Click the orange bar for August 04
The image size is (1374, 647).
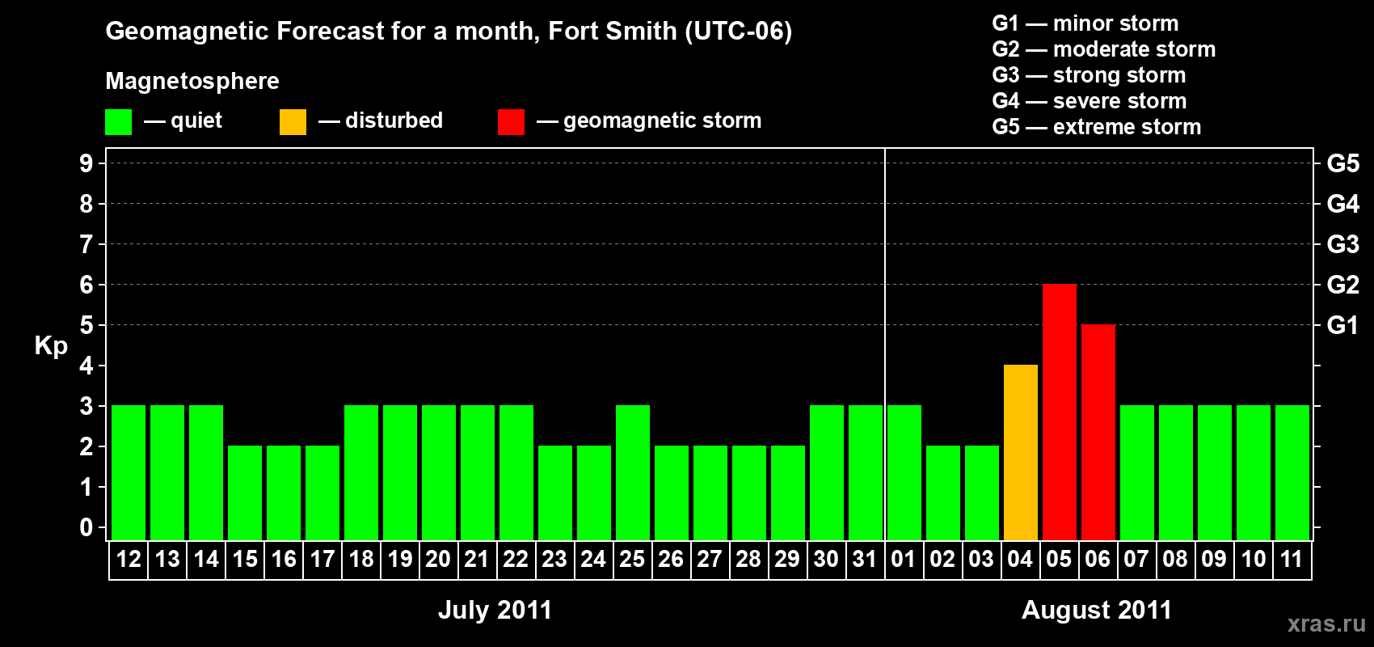click(1020, 453)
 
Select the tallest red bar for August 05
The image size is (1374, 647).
click(1059, 412)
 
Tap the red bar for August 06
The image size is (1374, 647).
click(1098, 433)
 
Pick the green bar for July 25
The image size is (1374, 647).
click(632, 473)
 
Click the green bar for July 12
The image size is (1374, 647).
click(128, 473)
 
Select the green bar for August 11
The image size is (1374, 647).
click(1292, 473)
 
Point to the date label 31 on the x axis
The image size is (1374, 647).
click(865, 560)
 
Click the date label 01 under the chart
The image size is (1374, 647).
click(904, 560)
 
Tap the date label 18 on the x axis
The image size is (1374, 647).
click(360, 560)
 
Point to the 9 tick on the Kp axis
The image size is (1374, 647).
click(86, 163)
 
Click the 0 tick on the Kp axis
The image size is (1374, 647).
click(86, 527)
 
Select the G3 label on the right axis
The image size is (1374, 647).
click(1342, 244)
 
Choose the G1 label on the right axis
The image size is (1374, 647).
click(1342, 325)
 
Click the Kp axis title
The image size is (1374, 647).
click(51, 346)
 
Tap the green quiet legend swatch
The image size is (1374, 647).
click(118, 122)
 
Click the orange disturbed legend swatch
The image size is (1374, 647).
click(293, 122)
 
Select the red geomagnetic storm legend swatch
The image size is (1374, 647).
click(511, 122)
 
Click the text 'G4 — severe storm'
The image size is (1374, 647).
click(1089, 101)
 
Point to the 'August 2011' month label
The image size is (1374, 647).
click(1096, 610)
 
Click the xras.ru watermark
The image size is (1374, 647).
click(1326, 624)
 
